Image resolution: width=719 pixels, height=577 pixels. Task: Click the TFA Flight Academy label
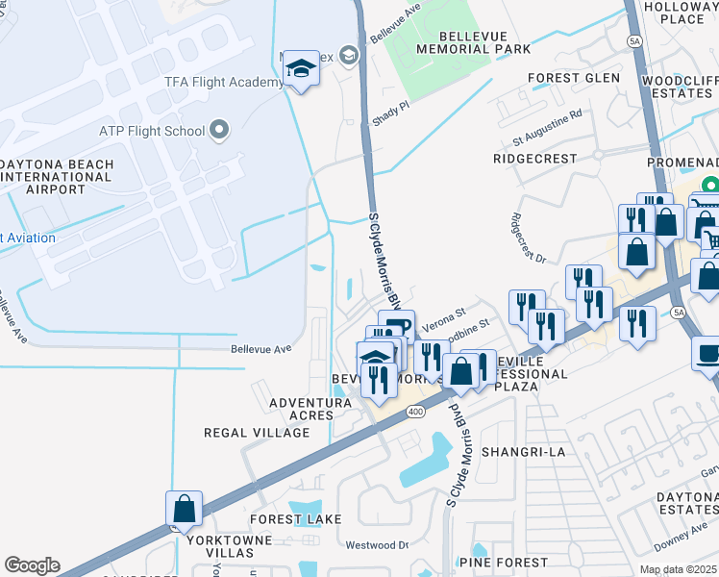pos(224,82)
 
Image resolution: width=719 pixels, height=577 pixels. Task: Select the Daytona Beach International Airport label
pos(57,177)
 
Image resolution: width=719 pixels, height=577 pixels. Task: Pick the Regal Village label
pos(257,433)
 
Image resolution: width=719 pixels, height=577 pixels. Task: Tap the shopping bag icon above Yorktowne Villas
pos(184,509)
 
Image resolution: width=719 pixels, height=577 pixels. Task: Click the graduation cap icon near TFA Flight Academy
pos(301,68)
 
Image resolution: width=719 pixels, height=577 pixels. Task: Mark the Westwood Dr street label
pos(377,544)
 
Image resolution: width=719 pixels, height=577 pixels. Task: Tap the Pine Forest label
pos(503,562)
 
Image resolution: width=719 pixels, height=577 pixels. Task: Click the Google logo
pos(32,565)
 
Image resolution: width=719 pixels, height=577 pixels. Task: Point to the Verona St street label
pos(442,314)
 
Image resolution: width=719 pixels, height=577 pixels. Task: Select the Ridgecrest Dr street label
pos(528,238)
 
